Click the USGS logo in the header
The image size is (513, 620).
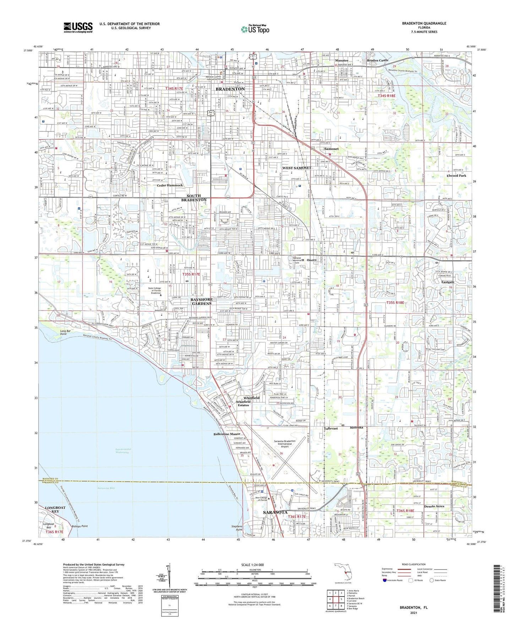[x=78, y=27]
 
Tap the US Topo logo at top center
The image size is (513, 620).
[x=255, y=29]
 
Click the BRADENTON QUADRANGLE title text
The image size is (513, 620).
[x=424, y=23]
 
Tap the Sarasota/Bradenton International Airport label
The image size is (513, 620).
[x=285, y=444]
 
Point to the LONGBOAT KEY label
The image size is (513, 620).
[x=55, y=510]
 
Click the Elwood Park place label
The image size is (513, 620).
[x=456, y=176]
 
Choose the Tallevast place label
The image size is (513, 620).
[x=333, y=429]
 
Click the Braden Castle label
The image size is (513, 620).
[x=377, y=60]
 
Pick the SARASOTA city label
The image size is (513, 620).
[x=275, y=512]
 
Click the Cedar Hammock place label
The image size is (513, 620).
[x=170, y=185]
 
